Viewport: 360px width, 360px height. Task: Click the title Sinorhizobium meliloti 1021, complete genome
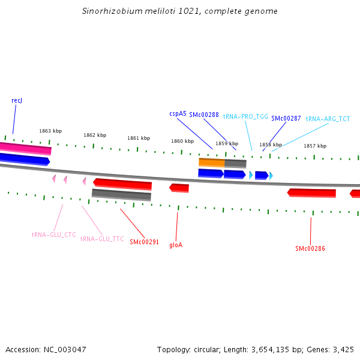pos(179,11)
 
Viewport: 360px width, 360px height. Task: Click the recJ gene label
pos(17,100)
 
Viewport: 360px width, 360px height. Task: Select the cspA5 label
pos(178,113)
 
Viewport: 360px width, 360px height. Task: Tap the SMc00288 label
pos(203,114)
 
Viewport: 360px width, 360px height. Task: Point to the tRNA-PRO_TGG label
pos(245,116)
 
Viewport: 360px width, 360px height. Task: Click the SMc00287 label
pos(286,119)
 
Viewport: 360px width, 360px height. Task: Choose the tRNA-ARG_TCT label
pos(328,119)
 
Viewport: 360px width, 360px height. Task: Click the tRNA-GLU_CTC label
pos(54,235)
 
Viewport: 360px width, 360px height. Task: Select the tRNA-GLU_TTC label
pos(102,239)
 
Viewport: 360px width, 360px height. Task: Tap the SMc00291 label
pos(144,242)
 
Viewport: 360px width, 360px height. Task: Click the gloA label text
pos(176,245)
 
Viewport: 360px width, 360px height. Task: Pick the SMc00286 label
pos(310,248)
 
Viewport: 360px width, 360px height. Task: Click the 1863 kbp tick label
pos(50,131)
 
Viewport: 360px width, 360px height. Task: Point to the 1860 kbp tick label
pos(182,141)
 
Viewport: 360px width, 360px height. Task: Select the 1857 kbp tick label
pos(315,146)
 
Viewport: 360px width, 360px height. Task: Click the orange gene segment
pos(212,163)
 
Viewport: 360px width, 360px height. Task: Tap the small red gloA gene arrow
pos(179,188)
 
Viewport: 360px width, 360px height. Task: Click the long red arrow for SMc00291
pos(123,183)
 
